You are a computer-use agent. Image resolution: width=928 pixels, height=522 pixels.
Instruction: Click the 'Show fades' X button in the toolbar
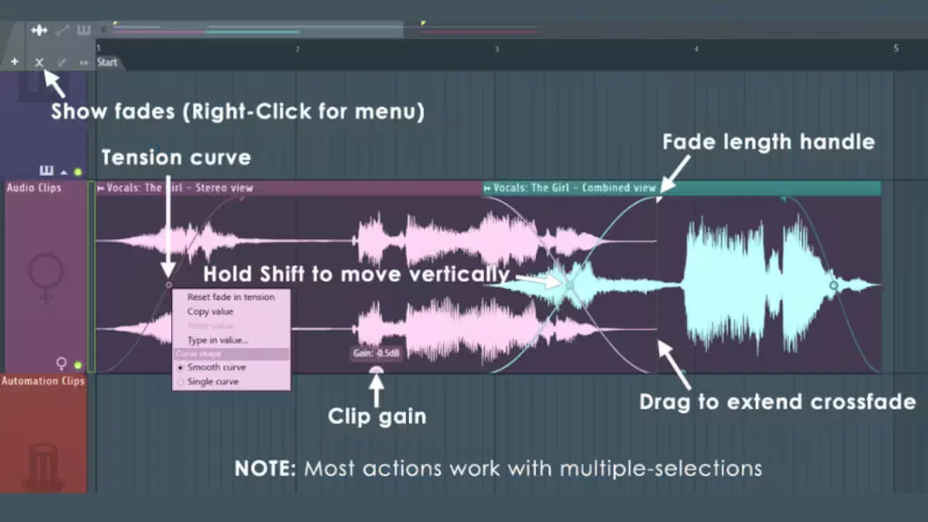(39, 63)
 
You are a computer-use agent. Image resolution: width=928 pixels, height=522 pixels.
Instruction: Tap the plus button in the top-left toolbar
(14, 63)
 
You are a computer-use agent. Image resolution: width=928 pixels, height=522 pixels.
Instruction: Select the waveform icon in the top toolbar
(39, 30)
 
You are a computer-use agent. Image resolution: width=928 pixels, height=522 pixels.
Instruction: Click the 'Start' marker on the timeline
(107, 63)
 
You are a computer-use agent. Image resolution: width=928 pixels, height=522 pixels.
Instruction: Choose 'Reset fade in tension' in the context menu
(230, 297)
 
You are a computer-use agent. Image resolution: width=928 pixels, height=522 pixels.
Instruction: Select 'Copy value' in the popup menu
(210, 312)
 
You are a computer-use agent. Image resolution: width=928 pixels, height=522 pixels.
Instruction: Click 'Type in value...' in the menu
(217, 340)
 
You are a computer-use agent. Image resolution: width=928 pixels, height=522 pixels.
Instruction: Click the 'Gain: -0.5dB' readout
(376, 353)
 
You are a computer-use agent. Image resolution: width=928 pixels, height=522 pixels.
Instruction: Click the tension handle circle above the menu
(169, 285)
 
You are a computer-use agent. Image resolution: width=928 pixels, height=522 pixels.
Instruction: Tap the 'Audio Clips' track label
(34, 188)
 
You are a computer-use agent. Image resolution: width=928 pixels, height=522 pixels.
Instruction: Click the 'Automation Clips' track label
(43, 382)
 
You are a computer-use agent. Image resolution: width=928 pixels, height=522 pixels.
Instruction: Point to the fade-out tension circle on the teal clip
(834, 285)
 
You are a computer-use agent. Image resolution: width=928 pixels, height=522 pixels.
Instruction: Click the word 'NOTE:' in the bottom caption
(266, 469)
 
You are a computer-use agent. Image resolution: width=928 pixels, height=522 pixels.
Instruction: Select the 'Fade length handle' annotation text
(768, 141)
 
